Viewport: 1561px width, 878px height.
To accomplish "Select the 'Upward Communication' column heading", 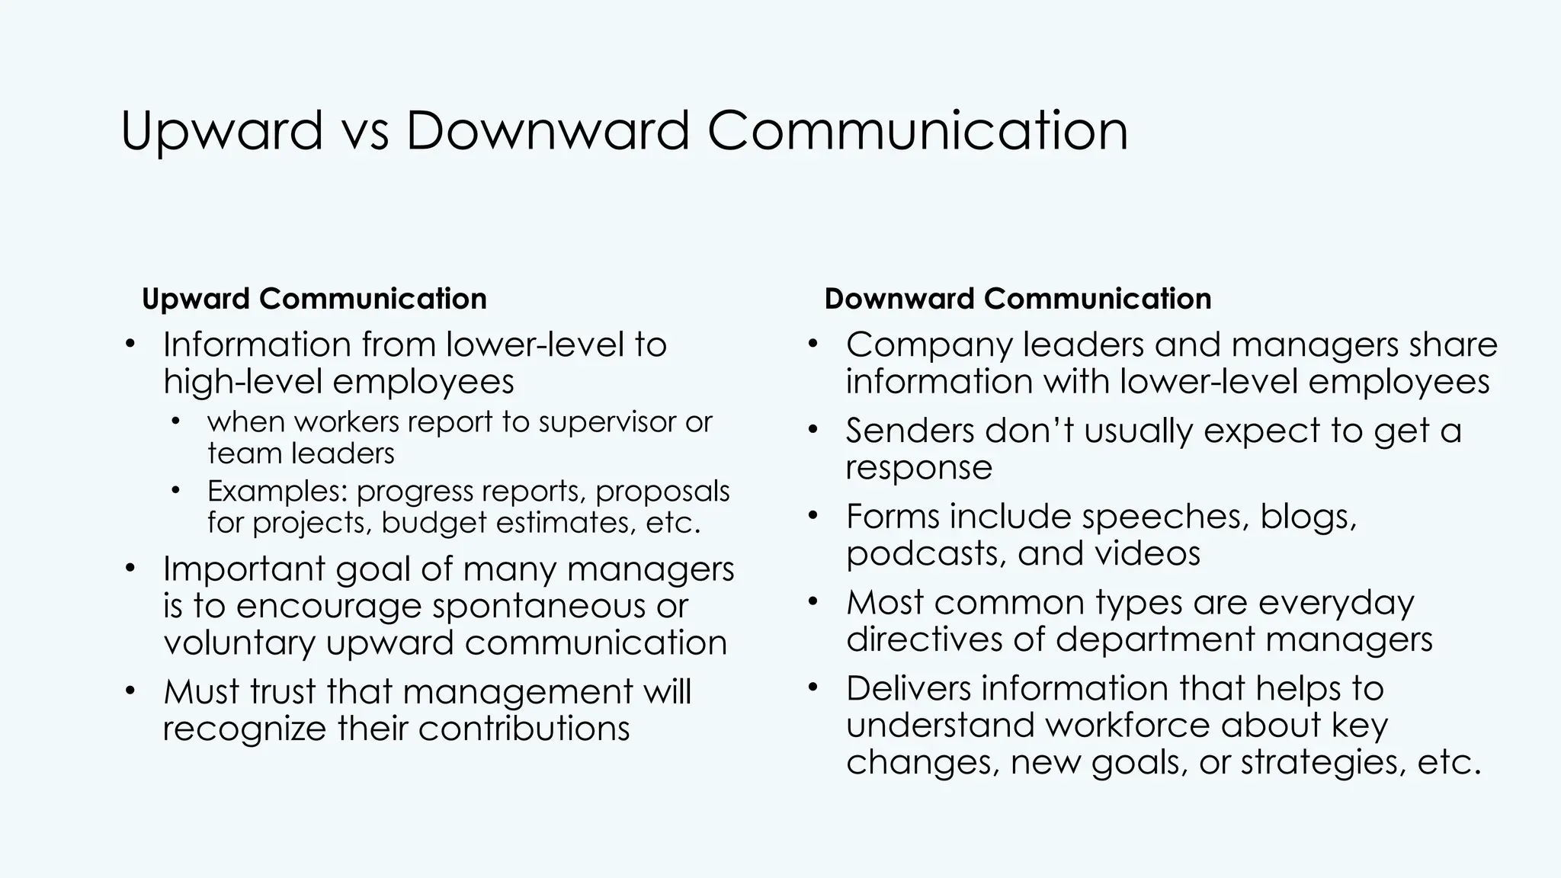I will coord(314,299).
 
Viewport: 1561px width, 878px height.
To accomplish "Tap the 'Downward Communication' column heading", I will coord(1018,299).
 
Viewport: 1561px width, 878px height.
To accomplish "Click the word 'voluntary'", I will coord(239,642).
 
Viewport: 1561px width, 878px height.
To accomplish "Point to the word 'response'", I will coord(918,467).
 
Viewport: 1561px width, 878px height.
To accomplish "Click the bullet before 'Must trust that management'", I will coord(130,691).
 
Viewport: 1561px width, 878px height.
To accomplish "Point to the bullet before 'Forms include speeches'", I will coord(813,516).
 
